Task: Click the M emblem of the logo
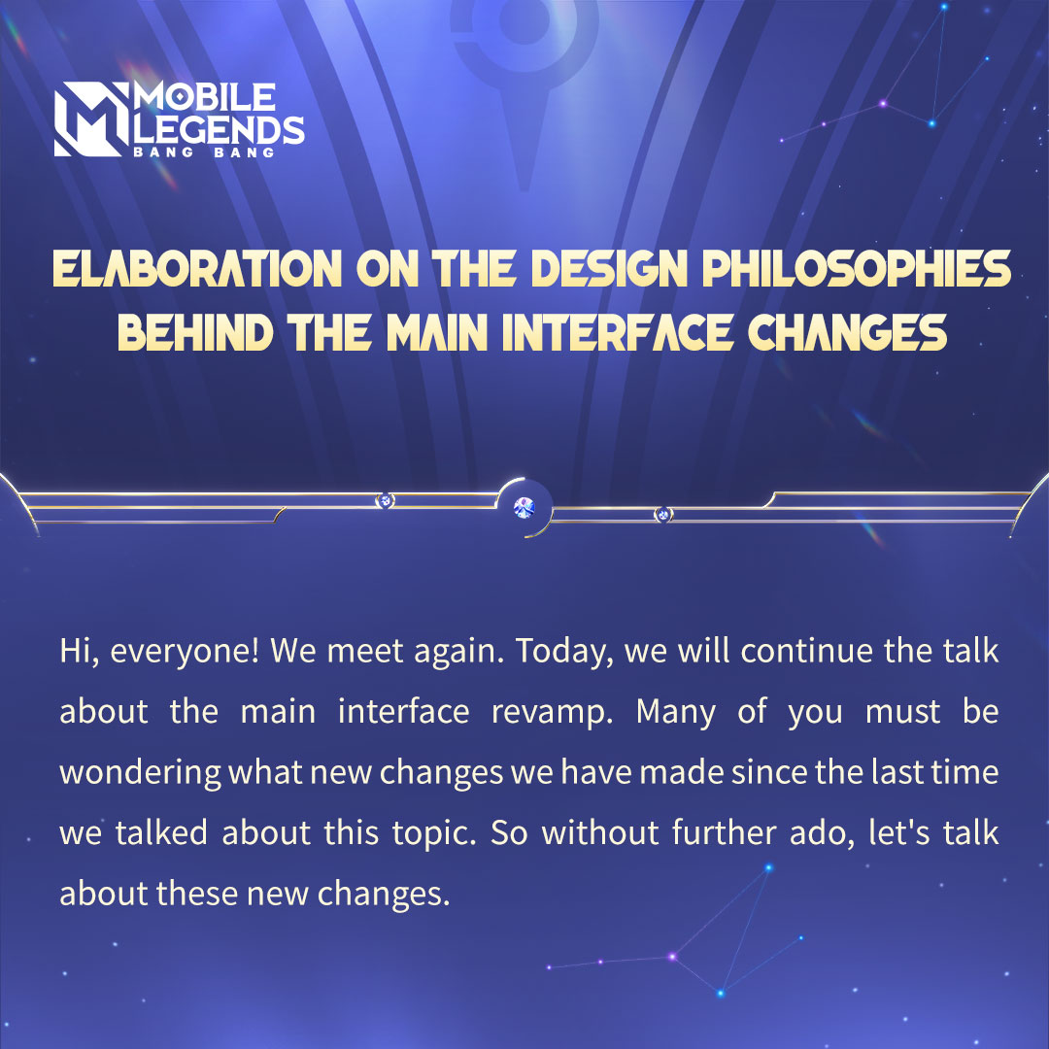point(91,119)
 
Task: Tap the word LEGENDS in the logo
point(219,129)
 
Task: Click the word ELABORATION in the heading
point(197,269)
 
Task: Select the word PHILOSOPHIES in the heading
point(856,269)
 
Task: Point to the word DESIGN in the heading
point(609,269)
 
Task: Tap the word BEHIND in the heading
point(195,332)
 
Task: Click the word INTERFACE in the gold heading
point(617,332)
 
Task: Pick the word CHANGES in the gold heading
point(847,332)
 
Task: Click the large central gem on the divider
point(524,508)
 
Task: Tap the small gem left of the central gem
point(385,500)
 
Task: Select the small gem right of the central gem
point(662,515)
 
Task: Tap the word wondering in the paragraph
point(140,773)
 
